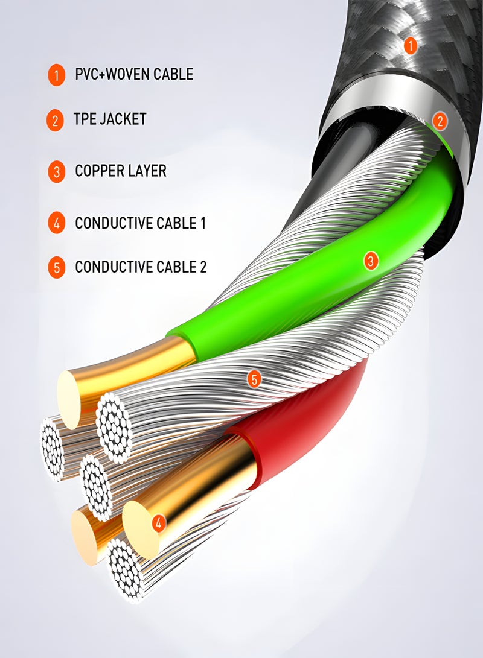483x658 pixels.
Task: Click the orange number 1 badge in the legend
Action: [x=56, y=75]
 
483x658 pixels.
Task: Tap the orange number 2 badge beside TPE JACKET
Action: [x=55, y=120]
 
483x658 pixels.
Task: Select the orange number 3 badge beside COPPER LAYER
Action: [x=56, y=172]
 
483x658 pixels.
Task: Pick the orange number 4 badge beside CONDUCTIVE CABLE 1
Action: [x=56, y=224]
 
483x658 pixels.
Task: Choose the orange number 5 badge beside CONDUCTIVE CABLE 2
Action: [x=56, y=267]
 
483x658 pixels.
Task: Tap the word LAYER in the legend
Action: [x=147, y=171]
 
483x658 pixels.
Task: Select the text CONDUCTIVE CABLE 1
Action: [x=140, y=223]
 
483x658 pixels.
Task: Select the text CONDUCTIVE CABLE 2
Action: [x=140, y=267]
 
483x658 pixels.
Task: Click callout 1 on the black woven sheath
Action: [x=411, y=45]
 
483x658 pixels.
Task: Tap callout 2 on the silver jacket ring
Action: [x=440, y=121]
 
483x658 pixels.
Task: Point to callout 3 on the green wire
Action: [x=371, y=261]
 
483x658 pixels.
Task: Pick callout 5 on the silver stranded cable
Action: [x=254, y=379]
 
